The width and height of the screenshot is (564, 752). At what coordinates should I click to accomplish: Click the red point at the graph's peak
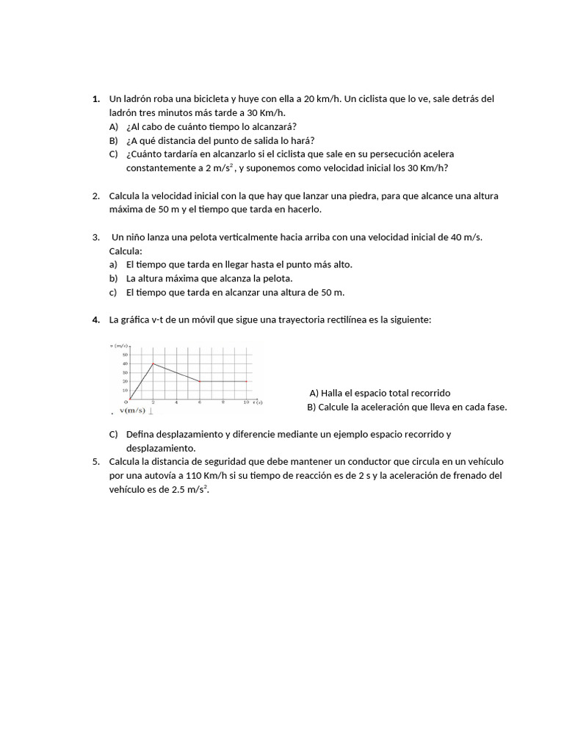[x=153, y=363]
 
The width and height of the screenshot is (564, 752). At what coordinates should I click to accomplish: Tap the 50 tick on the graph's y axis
[x=125, y=354]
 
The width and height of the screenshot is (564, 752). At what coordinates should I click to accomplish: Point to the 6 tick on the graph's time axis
[x=200, y=402]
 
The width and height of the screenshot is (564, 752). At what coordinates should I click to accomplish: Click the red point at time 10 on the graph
[x=247, y=381]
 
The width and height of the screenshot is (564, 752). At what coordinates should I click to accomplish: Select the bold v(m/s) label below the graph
[x=133, y=411]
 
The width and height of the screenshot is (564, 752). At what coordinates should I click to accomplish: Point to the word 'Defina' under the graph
[x=140, y=434]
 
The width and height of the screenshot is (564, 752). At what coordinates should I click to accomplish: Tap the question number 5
[x=96, y=462]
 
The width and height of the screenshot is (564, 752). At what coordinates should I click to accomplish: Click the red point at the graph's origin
[x=130, y=399]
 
